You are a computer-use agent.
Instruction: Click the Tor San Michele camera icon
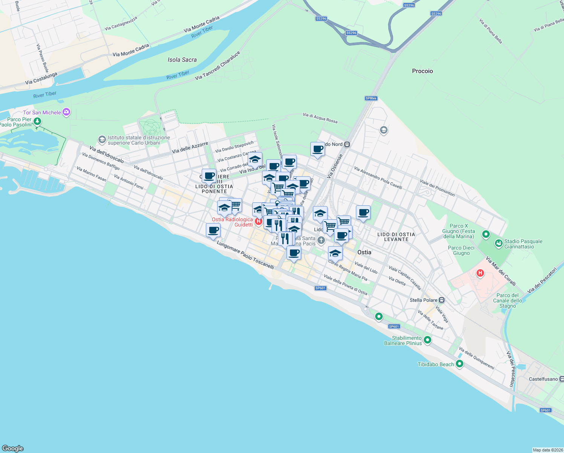[x=67, y=112]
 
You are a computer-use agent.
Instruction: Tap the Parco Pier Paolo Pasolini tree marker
[x=37, y=122]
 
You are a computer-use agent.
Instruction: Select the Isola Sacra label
[x=182, y=60]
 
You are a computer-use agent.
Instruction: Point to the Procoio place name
[x=422, y=71]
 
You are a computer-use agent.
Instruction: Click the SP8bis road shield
[x=371, y=98]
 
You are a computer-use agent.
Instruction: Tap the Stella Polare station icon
[x=442, y=300]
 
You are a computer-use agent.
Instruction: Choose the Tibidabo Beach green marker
[x=459, y=364]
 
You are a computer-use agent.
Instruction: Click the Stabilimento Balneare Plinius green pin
[x=427, y=340]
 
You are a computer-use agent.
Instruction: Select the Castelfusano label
[x=543, y=379]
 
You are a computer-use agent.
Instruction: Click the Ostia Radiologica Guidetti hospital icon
[x=258, y=221]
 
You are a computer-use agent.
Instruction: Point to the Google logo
[x=13, y=448]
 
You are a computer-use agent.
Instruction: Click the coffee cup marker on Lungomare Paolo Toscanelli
[x=213, y=230]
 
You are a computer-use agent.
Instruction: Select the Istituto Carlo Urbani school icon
[x=102, y=140]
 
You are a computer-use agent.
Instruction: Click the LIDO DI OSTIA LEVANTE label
[x=396, y=237]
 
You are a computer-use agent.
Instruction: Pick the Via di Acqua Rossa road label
[x=320, y=118]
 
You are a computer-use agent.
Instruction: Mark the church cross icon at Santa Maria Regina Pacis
[x=321, y=240]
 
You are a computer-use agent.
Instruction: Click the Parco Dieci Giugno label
[x=461, y=251]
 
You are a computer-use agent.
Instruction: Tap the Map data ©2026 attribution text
[x=548, y=450]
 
